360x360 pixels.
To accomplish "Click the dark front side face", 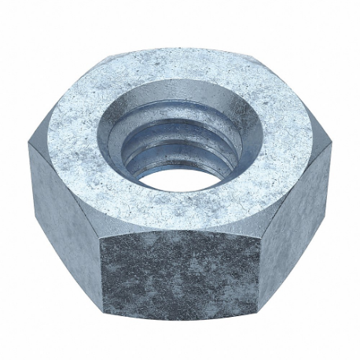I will click(181, 267).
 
